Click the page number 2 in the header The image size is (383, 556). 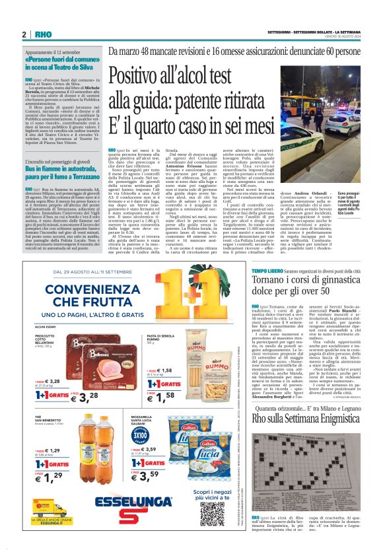tap(24, 34)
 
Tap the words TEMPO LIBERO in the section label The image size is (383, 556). tap(267, 271)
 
